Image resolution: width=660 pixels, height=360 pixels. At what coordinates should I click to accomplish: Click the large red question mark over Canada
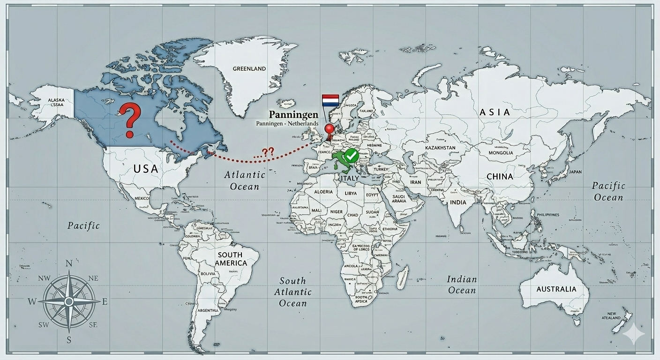coord(130,120)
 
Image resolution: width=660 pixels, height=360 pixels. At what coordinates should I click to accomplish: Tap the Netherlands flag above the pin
coord(330,100)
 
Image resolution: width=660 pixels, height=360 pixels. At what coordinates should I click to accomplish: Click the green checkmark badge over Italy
coord(351,155)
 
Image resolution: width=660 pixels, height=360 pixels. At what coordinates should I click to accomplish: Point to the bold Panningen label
coord(293,114)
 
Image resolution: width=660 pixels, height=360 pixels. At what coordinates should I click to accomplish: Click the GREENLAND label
coord(249,68)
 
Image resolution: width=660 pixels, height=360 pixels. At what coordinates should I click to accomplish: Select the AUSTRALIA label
coord(556,289)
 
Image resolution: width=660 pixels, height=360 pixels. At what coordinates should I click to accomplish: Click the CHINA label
coord(500,177)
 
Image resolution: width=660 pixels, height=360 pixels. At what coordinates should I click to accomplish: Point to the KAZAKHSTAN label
coord(440,148)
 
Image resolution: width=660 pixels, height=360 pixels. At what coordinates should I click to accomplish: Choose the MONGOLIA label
coord(501,153)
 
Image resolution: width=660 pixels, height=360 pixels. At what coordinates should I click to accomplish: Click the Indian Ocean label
coord(462,285)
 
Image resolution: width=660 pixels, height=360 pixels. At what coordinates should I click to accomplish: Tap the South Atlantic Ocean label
coord(292,292)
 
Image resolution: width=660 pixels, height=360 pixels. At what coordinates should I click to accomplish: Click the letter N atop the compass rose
coord(69,263)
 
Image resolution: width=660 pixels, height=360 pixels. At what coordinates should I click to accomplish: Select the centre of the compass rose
coord(69,301)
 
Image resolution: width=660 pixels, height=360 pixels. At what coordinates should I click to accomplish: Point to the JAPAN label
coord(575,172)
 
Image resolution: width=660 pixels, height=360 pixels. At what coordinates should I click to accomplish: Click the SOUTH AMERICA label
coord(230,259)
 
